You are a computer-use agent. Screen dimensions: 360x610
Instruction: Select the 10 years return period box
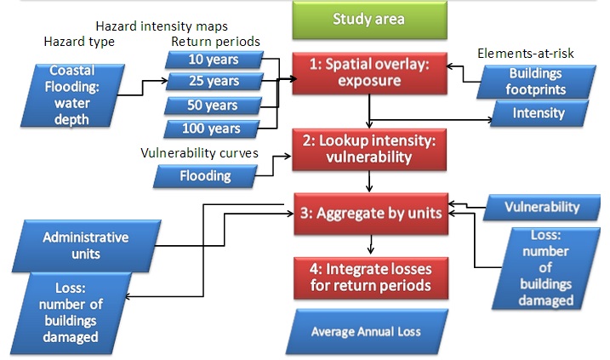[212, 60]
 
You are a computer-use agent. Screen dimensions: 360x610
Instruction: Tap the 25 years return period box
[214, 82]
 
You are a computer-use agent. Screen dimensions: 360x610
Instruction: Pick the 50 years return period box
[213, 106]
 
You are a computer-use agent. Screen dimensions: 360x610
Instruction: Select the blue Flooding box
[205, 176]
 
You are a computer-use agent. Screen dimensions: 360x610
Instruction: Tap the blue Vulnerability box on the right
[543, 206]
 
